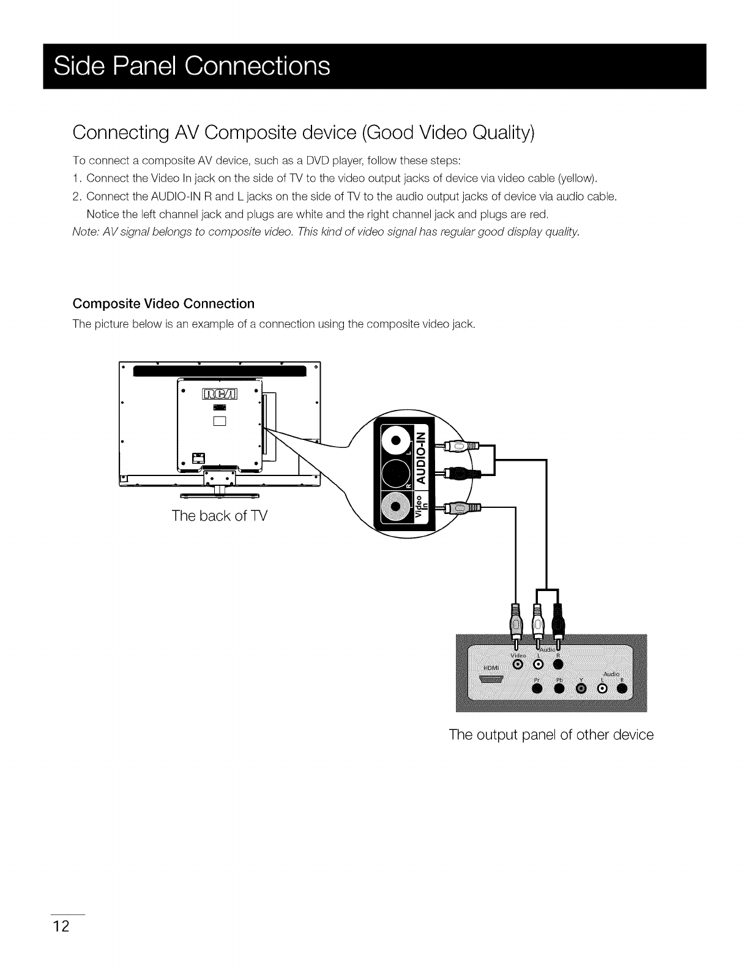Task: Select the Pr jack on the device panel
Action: pyautogui.click(x=538, y=689)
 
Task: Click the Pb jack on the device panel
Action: pyautogui.click(x=559, y=689)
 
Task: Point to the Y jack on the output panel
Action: pyautogui.click(x=581, y=689)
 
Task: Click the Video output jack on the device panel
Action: pyautogui.click(x=518, y=665)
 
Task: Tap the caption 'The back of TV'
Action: pyautogui.click(x=219, y=515)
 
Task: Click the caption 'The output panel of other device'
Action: pyautogui.click(x=551, y=734)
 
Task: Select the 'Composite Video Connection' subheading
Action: pyautogui.click(x=163, y=304)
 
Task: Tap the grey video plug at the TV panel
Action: pyautogui.click(x=459, y=508)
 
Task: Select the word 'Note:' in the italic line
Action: pyautogui.click(x=86, y=231)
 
